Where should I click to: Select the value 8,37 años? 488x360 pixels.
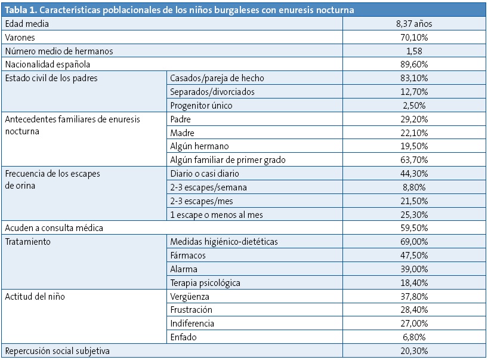pos(413,24)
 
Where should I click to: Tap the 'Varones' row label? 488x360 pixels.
pos(21,38)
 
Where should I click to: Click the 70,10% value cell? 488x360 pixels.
pos(413,38)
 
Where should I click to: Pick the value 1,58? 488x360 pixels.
pos(413,51)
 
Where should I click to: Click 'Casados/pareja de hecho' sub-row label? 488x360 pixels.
pos(217,78)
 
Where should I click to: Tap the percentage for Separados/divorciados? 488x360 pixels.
pos(413,91)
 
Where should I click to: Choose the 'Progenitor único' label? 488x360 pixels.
pos(200,105)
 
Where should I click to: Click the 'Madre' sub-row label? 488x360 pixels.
pos(182,133)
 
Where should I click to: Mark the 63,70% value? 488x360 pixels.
pos(413,159)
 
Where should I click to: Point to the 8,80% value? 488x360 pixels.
pos(413,187)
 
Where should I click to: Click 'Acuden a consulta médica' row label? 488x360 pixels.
pos(54,228)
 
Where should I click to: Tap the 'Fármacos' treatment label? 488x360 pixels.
pos(188,255)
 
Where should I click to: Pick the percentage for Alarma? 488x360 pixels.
pos(413,269)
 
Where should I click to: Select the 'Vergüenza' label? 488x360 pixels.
pos(190,296)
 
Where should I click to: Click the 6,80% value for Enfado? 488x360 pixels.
pos(413,337)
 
